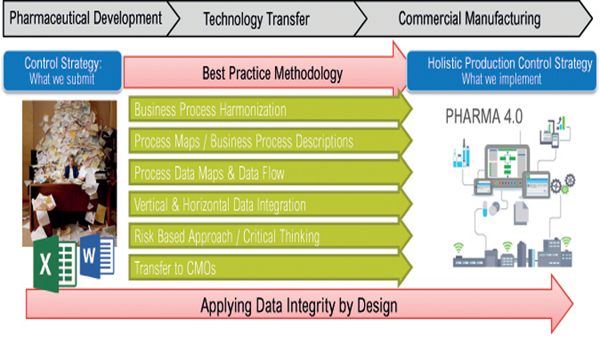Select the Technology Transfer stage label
click(x=256, y=19)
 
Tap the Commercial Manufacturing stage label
click(x=470, y=18)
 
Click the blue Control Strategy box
click(x=62, y=71)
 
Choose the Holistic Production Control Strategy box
click(x=502, y=71)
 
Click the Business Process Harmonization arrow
click(x=270, y=110)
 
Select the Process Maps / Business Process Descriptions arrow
click(x=270, y=141)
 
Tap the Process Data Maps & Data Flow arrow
click(x=270, y=173)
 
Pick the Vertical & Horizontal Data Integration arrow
click(x=270, y=205)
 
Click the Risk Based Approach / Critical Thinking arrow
click(x=270, y=237)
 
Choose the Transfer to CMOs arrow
click(x=270, y=268)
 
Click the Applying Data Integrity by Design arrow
click(x=299, y=305)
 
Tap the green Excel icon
click(x=55, y=264)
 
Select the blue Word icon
click(x=97, y=256)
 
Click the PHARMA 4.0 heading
click(x=484, y=116)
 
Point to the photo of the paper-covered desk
click(x=70, y=173)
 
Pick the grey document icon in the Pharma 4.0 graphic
click(x=521, y=213)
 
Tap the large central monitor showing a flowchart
click(x=507, y=162)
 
